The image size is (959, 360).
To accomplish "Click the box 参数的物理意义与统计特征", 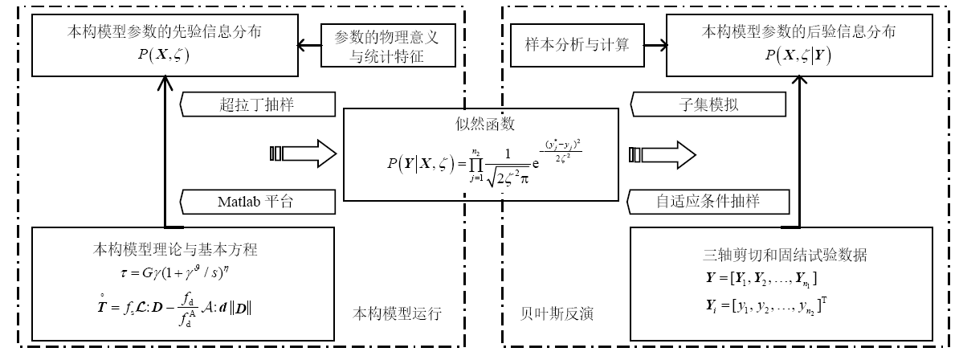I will [x=392, y=47].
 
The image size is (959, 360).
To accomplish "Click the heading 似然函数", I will [x=482, y=124].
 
